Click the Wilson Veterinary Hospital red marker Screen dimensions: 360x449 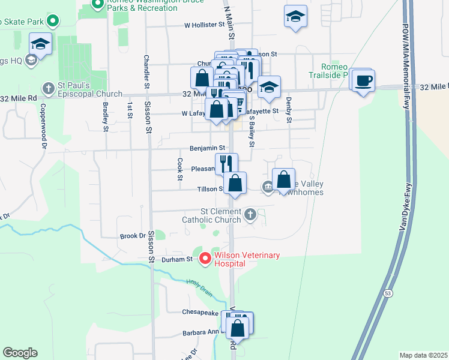pyautogui.click(x=205, y=259)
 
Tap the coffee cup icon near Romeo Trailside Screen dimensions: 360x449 pyautogui.click(x=363, y=80)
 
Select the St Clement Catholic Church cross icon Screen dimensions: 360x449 pyautogui.click(x=250, y=214)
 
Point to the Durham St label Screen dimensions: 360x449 pyautogui.click(x=179, y=259)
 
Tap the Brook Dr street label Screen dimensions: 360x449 pyautogui.click(x=133, y=236)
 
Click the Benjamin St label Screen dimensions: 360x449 pyautogui.click(x=207, y=148)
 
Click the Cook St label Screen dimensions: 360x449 pyautogui.click(x=179, y=169)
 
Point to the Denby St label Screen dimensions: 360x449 pyautogui.click(x=289, y=110)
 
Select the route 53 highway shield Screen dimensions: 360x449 pyautogui.click(x=387, y=293)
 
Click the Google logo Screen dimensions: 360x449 pyautogui.click(x=20, y=353)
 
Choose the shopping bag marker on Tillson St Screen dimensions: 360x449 pyautogui.click(x=235, y=182)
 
